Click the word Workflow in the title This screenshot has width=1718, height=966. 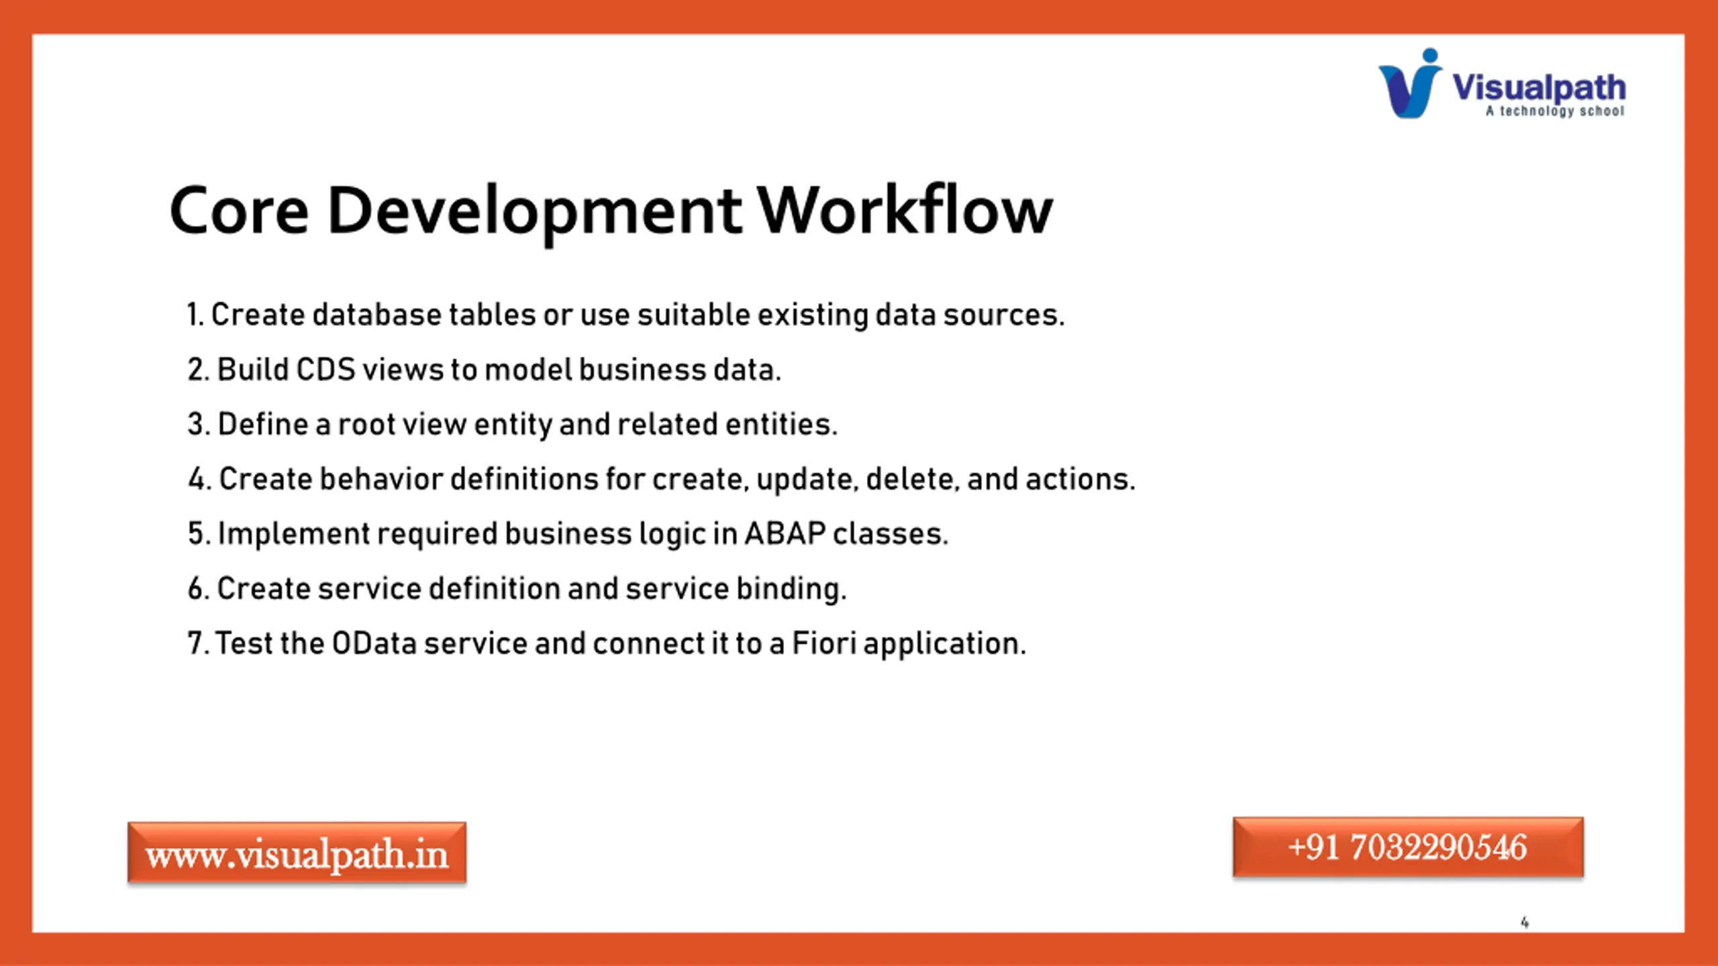[905, 210]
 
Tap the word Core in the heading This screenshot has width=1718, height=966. [239, 211]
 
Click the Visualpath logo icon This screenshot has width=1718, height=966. [1410, 84]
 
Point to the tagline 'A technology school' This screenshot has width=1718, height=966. [1555, 111]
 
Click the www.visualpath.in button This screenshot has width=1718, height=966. [297, 853]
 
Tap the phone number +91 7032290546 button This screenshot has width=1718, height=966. [1408, 847]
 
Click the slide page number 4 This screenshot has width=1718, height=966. [1525, 922]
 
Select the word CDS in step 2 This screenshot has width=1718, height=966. [325, 370]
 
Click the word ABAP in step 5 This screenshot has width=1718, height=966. [785, 534]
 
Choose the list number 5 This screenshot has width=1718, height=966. [195, 534]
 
